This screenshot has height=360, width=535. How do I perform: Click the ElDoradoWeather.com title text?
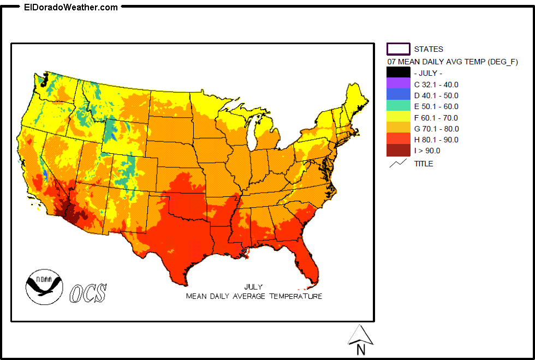(x=71, y=7)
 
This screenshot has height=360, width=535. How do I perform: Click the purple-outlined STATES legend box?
(x=398, y=49)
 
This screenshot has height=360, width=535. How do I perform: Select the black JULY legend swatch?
(x=398, y=73)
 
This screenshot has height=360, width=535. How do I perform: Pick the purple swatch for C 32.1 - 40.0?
(x=398, y=84)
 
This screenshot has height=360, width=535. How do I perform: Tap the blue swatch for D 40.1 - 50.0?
(x=398, y=95)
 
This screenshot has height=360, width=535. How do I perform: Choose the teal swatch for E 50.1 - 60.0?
(x=398, y=106)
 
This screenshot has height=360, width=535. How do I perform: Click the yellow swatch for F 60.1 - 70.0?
(x=398, y=117)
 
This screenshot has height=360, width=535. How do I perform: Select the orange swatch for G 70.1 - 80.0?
(x=398, y=128)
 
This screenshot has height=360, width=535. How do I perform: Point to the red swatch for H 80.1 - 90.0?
(x=398, y=139)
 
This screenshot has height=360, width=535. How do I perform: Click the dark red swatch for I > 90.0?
(x=398, y=151)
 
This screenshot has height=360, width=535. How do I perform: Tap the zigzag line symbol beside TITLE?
(x=398, y=163)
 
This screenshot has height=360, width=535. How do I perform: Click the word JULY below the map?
(x=253, y=287)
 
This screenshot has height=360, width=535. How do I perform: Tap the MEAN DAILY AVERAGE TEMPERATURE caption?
(x=254, y=296)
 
